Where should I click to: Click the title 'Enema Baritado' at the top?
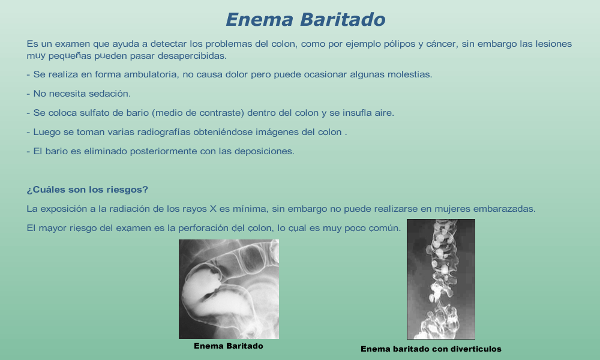tap(305, 20)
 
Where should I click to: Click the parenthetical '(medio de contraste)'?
tap(198, 113)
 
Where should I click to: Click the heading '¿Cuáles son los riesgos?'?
tap(87, 190)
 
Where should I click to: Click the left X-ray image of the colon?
tap(229, 289)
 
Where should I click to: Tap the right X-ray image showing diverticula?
tap(441, 279)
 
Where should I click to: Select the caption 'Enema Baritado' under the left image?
tap(229, 346)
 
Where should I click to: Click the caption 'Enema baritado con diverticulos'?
tap(431, 349)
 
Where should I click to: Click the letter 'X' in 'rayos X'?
tap(214, 209)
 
